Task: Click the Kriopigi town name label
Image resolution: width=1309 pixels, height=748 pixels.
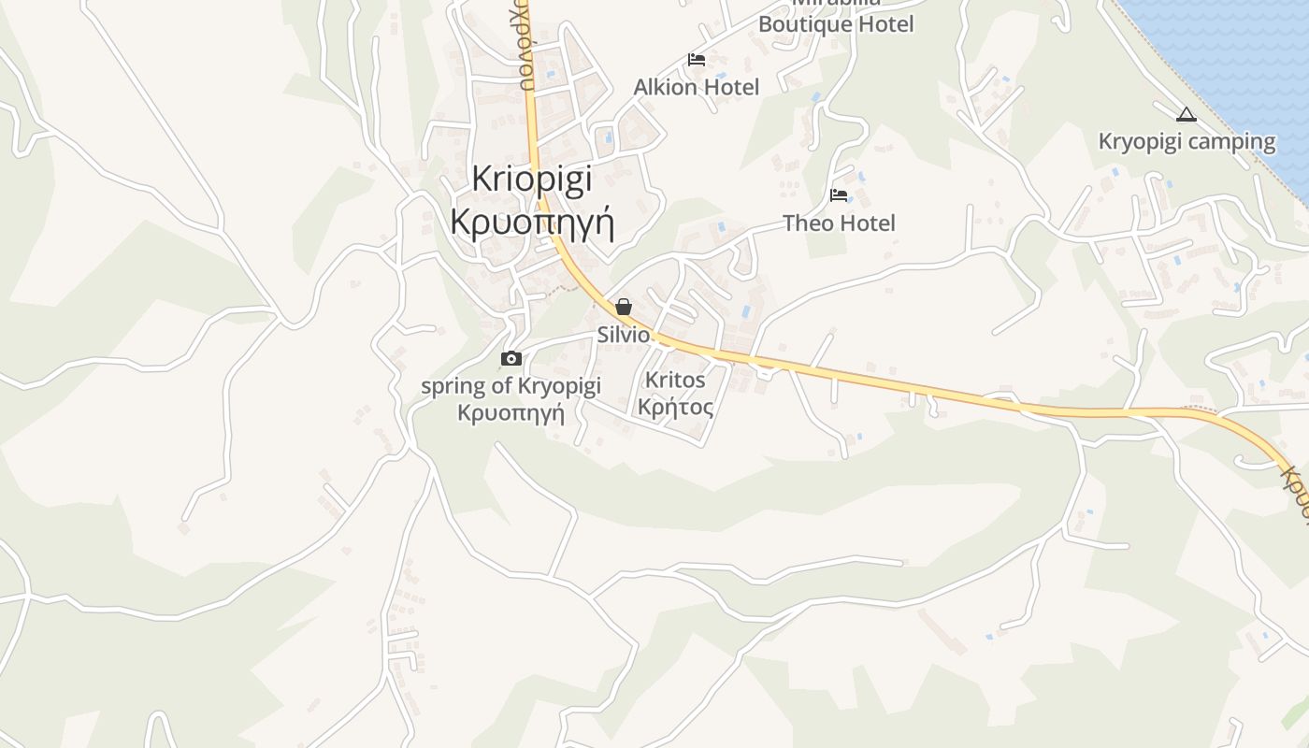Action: (531, 179)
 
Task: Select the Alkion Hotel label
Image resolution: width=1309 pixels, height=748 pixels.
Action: (696, 87)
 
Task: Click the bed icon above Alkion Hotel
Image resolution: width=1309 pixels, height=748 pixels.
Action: (696, 60)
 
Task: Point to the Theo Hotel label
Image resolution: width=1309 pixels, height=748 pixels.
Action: (839, 223)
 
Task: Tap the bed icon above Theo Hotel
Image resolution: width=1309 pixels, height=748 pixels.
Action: (839, 195)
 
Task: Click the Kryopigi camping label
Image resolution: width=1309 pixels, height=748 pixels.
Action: (1186, 142)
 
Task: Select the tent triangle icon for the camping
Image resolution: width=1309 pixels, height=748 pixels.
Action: (1186, 115)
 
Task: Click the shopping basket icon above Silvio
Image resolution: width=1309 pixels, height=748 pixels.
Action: (624, 307)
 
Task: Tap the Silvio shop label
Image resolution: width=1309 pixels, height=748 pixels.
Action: (624, 335)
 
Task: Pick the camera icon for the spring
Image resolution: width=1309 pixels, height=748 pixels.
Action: (511, 358)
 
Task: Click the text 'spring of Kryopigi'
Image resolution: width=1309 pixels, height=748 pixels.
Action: (511, 386)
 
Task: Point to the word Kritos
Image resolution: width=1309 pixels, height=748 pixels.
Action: (675, 381)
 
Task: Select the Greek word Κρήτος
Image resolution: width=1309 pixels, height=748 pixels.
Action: (675, 408)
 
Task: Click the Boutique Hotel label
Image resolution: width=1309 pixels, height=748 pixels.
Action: (835, 24)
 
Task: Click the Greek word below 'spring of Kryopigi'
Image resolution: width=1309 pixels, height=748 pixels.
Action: (511, 412)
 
